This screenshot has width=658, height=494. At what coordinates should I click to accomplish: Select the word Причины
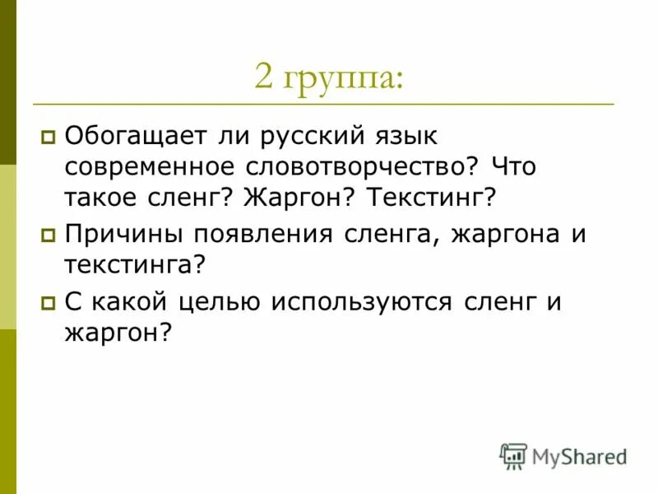click(x=123, y=234)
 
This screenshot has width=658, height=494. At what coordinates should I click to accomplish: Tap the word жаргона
click(x=500, y=234)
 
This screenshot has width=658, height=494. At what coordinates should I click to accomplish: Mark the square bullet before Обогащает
click(x=48, y=134)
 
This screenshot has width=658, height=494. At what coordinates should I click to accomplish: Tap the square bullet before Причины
click(x=48, y=235)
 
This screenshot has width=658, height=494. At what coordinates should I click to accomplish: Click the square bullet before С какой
click(x=48, y=302)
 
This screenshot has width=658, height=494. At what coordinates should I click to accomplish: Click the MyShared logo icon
click(x=513, y=455)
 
